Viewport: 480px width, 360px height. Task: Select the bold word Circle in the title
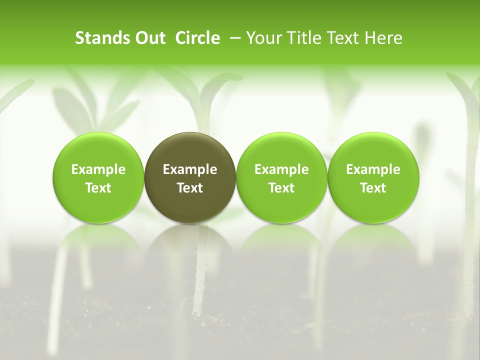coord(197,38)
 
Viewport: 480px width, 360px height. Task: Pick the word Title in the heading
coord(302,38)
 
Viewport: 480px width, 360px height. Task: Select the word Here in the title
coord(383,38)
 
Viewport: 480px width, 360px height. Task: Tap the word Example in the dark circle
coord(190,169)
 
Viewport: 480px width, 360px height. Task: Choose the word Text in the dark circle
coord(190,188)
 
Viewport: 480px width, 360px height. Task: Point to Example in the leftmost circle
coord(98,169)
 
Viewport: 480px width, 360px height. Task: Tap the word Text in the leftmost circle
coord(98,188)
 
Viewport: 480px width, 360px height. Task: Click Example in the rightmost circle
coord(373,169)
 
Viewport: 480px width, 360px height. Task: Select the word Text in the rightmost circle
coord(373,188)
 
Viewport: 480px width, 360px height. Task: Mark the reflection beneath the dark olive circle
coord(190,240)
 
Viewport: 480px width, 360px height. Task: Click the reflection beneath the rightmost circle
coord(373,240)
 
